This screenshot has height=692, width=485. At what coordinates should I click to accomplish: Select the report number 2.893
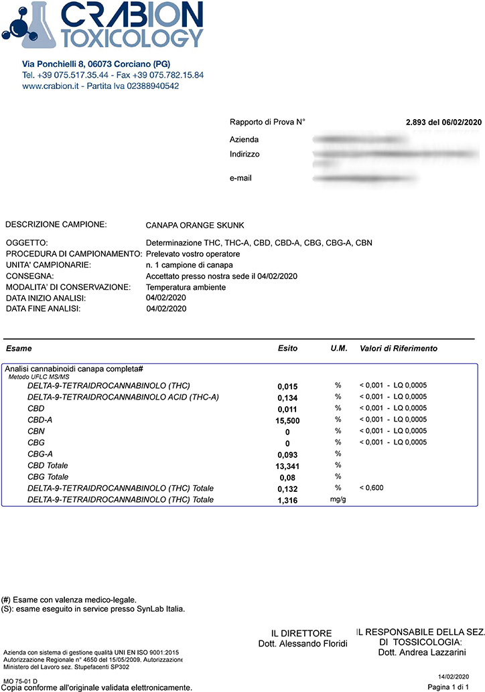pos(417,122)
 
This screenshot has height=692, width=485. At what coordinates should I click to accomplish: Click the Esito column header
pos(287,349)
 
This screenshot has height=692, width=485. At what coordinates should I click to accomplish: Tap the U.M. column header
pos(338,349)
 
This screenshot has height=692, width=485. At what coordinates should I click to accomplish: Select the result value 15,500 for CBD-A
pos(287,420)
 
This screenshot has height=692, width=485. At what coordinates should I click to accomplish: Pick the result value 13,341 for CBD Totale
pos(287,466)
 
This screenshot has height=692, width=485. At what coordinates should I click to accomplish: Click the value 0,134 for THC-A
pos(287,398)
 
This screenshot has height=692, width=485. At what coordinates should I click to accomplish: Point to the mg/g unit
pos(338,500)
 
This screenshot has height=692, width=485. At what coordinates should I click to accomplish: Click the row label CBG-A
pos(41,454)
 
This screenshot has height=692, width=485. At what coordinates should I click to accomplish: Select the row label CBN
pos(36,431)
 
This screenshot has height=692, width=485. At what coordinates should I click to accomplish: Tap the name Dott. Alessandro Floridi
pos(302,644)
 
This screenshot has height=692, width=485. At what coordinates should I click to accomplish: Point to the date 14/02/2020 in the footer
pos(462,677)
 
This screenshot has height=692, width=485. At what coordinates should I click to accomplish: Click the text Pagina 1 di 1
pos(454,687)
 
